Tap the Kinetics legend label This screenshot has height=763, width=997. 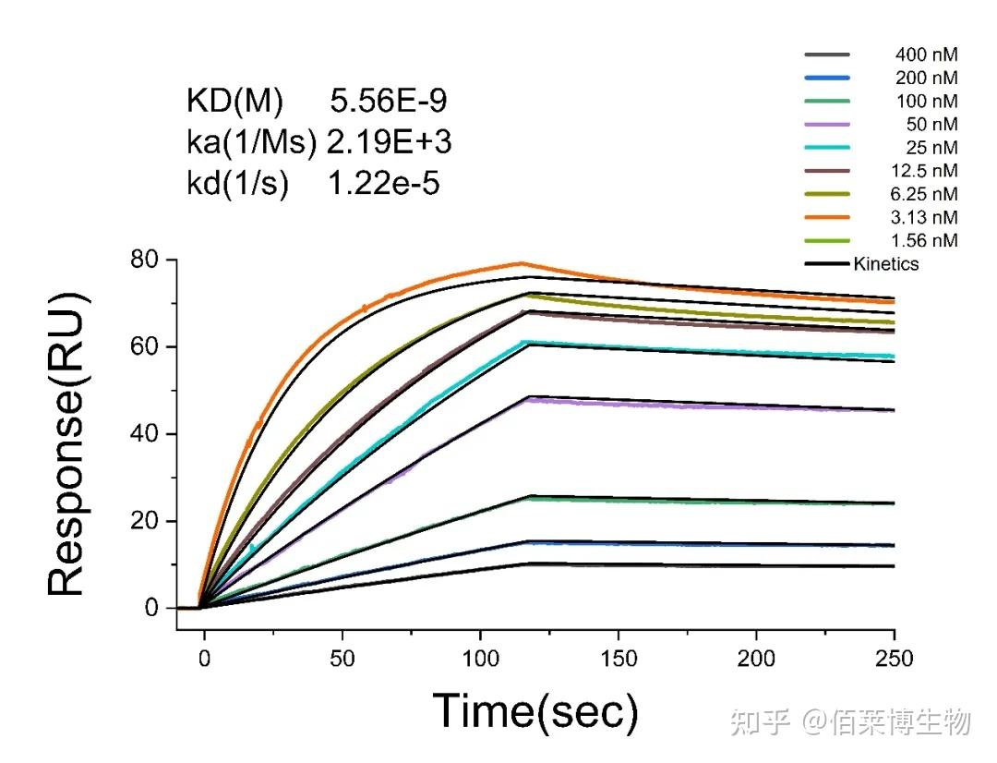pyautogui.click(x=886, y=264)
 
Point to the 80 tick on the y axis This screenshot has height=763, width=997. pyautogui.click(x=147, y=260)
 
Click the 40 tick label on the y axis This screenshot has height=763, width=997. pyautogui.click(x=147, y=434)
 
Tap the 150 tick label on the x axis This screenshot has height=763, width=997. pyautogui.click(x=619, y=658)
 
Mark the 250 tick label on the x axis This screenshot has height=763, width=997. pyautogui.click(x=894, y=658)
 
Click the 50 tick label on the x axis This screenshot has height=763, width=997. pyautogui.click(x=342, y=658)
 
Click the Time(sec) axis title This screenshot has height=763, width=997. pyautogui.click(x=535, y=711)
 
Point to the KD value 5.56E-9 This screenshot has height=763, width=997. pyautogui.click(x=389, y=100)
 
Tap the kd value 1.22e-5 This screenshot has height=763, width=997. pyautogui.click(x=384, y=184)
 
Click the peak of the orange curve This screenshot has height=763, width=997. pyautogui.click(x=521, y=263)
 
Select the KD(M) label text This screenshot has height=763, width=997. pyautogui.click(x=234, y=100)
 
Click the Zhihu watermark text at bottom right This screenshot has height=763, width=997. pyautogui.click(x=849, y=721)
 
